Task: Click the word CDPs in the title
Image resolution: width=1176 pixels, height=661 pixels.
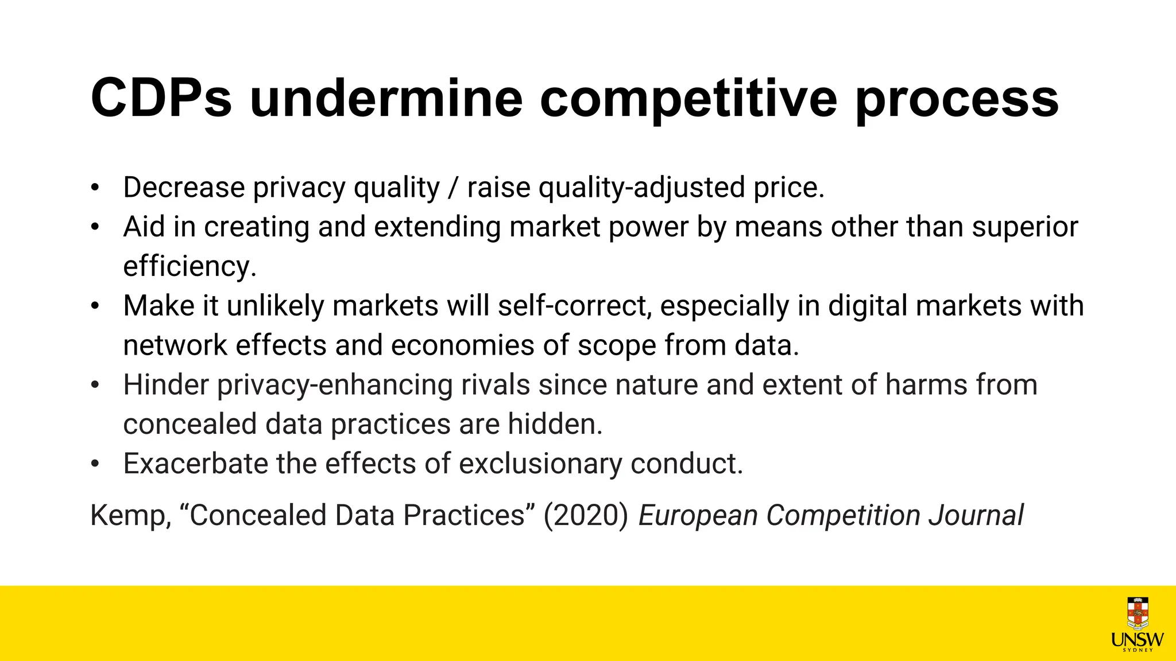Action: (x=161, y=99)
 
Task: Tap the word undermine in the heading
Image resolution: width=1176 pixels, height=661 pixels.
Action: (x=386, y=99)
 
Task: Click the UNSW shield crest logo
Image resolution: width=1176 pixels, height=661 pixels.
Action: (x=1138, y=613)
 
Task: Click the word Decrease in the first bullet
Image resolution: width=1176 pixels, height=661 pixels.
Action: (x=184, y=188)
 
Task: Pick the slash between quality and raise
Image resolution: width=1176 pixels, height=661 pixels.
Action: (x=454, y=188)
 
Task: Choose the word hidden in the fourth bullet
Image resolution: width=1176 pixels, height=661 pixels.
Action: (x=555, y=425)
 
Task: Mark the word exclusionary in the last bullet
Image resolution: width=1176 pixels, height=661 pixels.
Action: (x=540, y=464)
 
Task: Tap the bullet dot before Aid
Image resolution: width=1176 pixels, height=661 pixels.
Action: (x=95, y=227)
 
